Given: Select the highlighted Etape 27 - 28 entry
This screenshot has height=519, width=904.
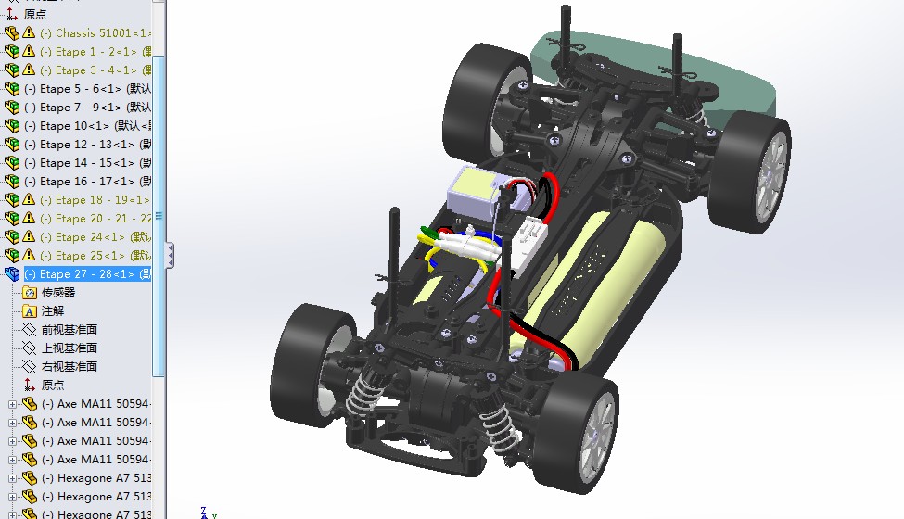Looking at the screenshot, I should [87, 273].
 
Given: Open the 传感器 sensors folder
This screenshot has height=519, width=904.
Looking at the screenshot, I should [58, 292].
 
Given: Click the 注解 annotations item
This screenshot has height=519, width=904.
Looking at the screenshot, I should [53, 310].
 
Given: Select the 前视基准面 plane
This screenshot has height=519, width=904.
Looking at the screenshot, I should [70, 329].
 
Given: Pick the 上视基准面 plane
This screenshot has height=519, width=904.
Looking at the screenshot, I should [70, 348].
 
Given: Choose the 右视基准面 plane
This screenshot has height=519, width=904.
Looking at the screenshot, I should [70, 366].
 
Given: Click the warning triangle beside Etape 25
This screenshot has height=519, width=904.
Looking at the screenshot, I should [29, 255].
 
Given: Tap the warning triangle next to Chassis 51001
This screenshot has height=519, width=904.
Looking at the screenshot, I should [29, 32].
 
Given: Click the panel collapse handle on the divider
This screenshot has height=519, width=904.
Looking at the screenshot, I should [170, 255].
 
